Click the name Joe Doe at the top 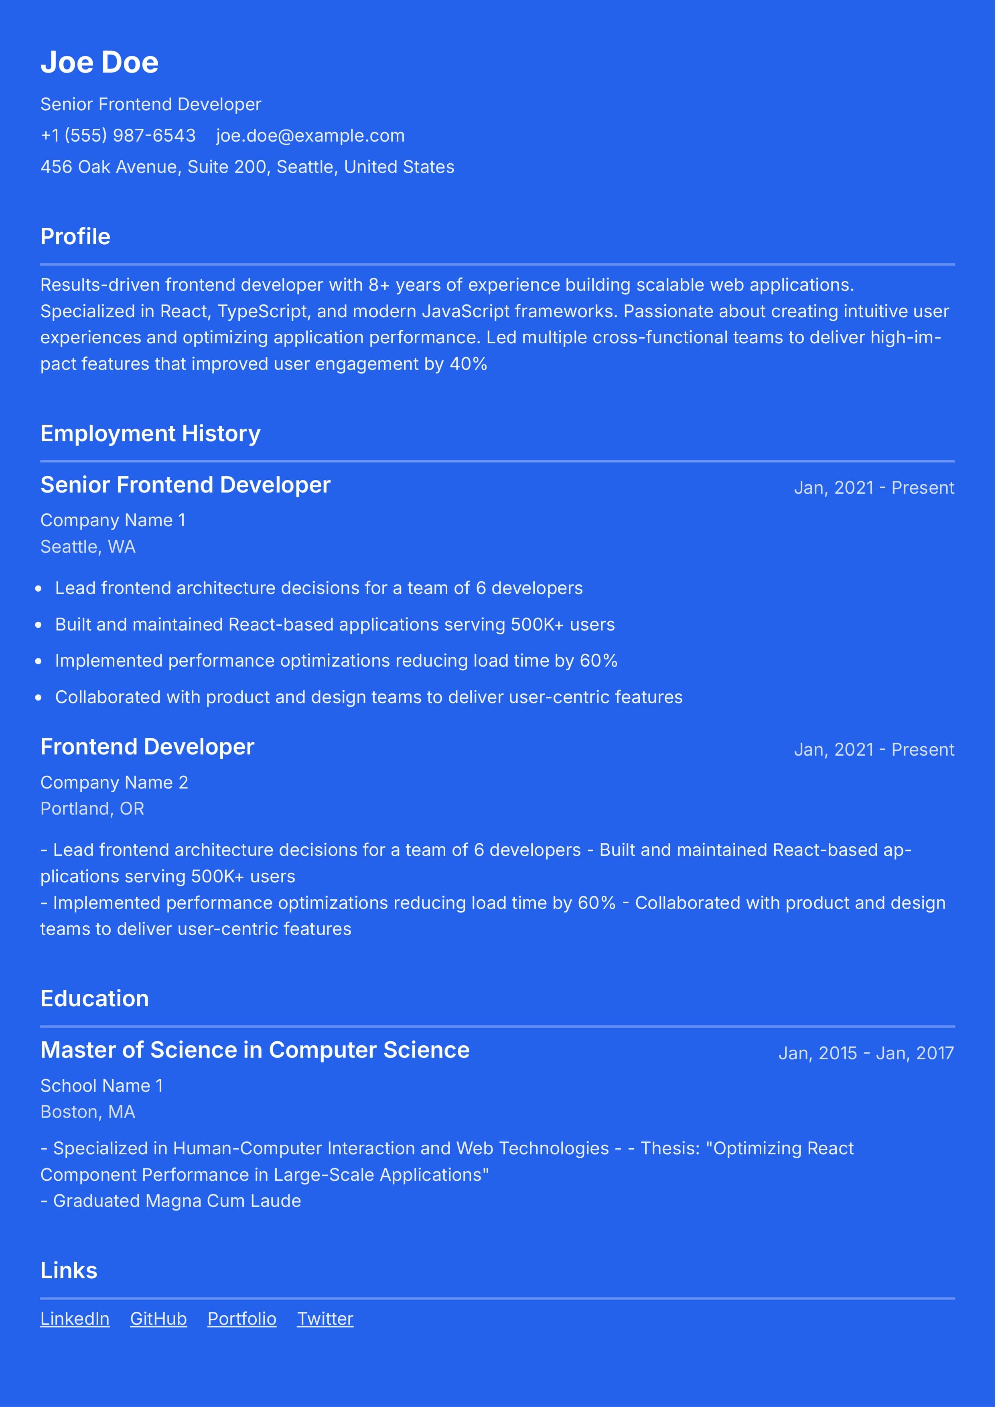point(99,63)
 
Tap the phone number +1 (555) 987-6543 point(118,136)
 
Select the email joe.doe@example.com point(310,136)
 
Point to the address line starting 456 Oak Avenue point(247,167)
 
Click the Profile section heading point(75,237)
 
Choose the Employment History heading point(150,434)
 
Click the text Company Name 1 point(113,520)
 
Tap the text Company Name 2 point(114,782)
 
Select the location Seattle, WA point(88,546)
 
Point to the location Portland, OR point(92,809)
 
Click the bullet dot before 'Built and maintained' point(39,625)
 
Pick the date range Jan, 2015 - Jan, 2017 point(865,1053)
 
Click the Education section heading point(94,999)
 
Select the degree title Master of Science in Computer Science point(255,1050)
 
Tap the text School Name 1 point(102,1085)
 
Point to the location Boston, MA point(88,1111)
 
